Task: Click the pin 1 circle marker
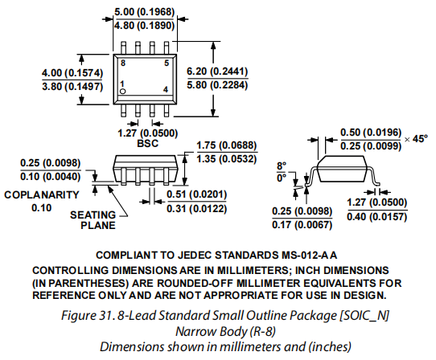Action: pos(123,92)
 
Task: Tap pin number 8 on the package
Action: pos(123,62)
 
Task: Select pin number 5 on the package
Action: pos(166,62)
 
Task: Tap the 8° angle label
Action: pos(281,166)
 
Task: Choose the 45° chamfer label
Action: pos(419,138)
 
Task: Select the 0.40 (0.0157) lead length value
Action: pos(377,215)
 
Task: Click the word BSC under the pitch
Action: pos(147,145)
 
